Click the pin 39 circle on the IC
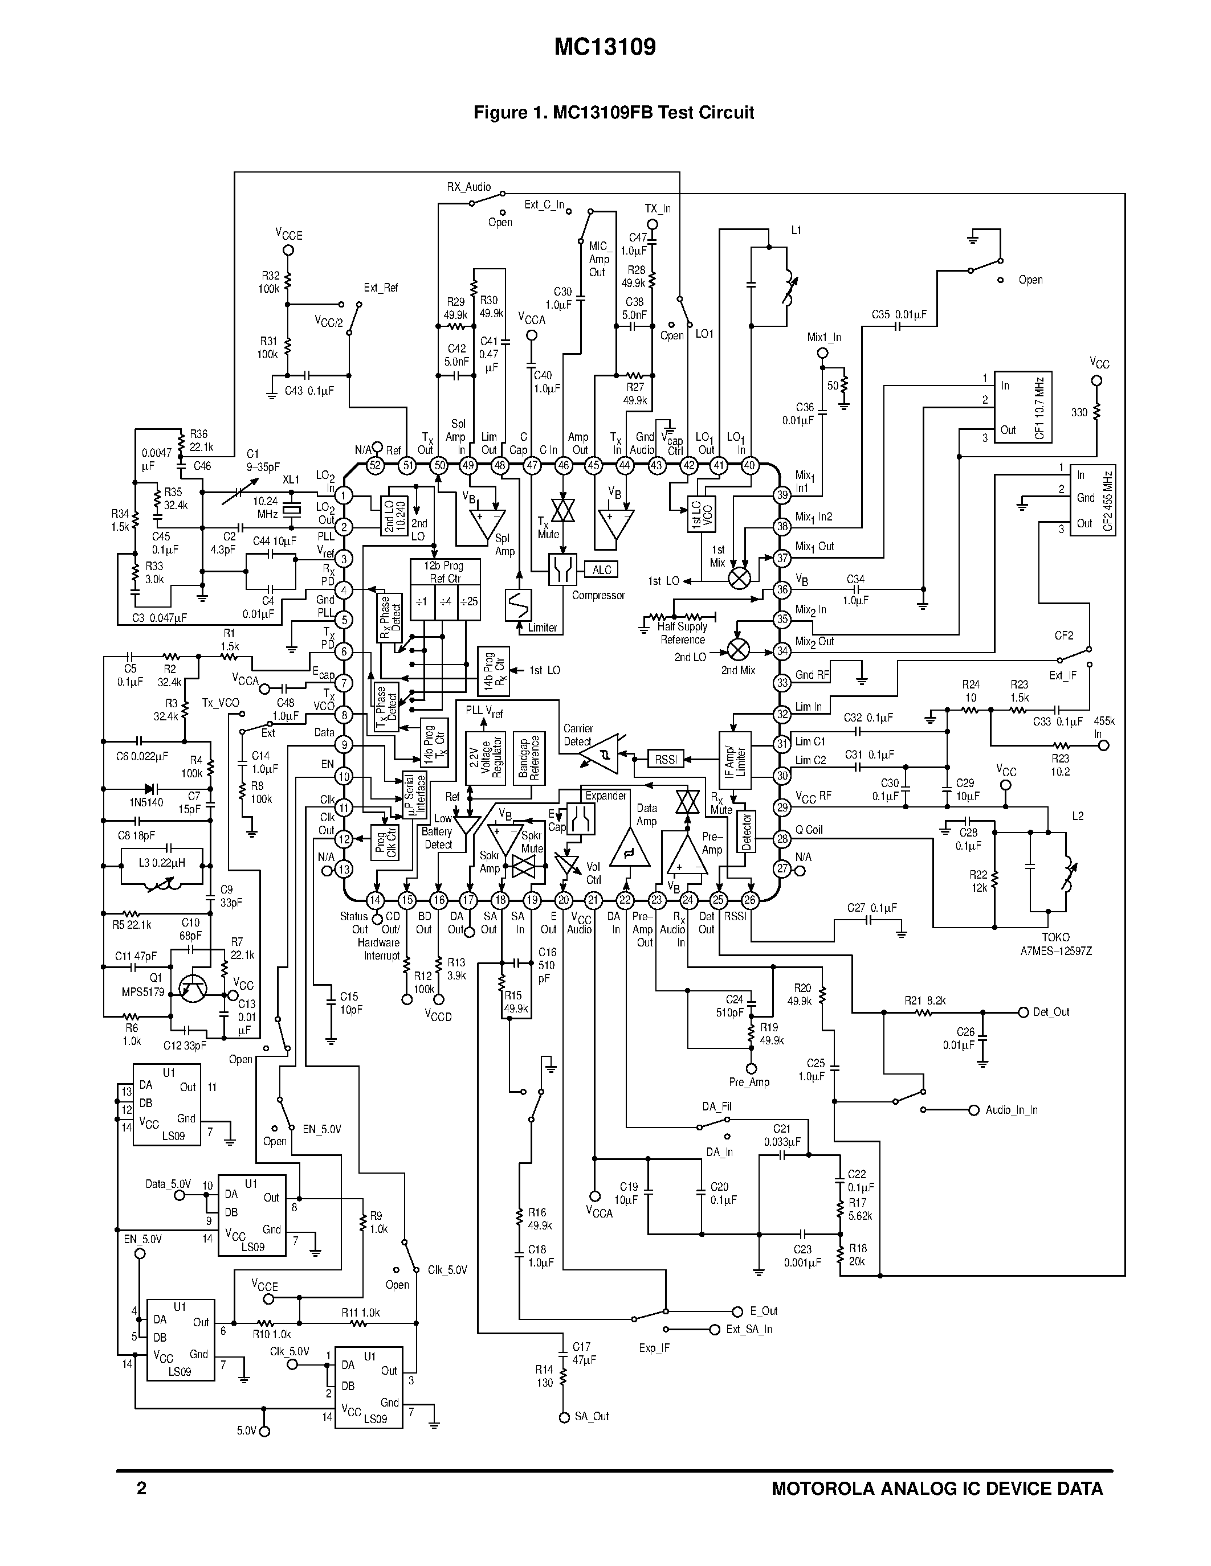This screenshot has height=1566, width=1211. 782,495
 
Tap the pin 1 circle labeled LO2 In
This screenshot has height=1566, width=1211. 344,495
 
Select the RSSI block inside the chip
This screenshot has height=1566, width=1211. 665,759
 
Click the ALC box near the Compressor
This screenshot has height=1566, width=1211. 601,569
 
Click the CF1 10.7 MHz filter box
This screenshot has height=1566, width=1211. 1022,407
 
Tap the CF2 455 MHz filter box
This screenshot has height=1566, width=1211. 1092,500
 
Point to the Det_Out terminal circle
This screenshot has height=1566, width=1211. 1024,1012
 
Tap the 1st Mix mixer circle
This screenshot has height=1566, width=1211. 739,578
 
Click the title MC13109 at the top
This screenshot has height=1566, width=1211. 605,47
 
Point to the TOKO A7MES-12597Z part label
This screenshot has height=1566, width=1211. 1055,944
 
